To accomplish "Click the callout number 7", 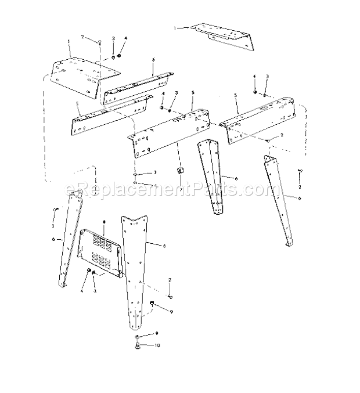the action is point(181,189).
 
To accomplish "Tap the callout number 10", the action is point(157,345).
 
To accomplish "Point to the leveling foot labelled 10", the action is point(137,346).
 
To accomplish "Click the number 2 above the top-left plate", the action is point(83,37).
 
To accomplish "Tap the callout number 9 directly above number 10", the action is point(156,334).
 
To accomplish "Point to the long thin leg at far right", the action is point(280,200).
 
